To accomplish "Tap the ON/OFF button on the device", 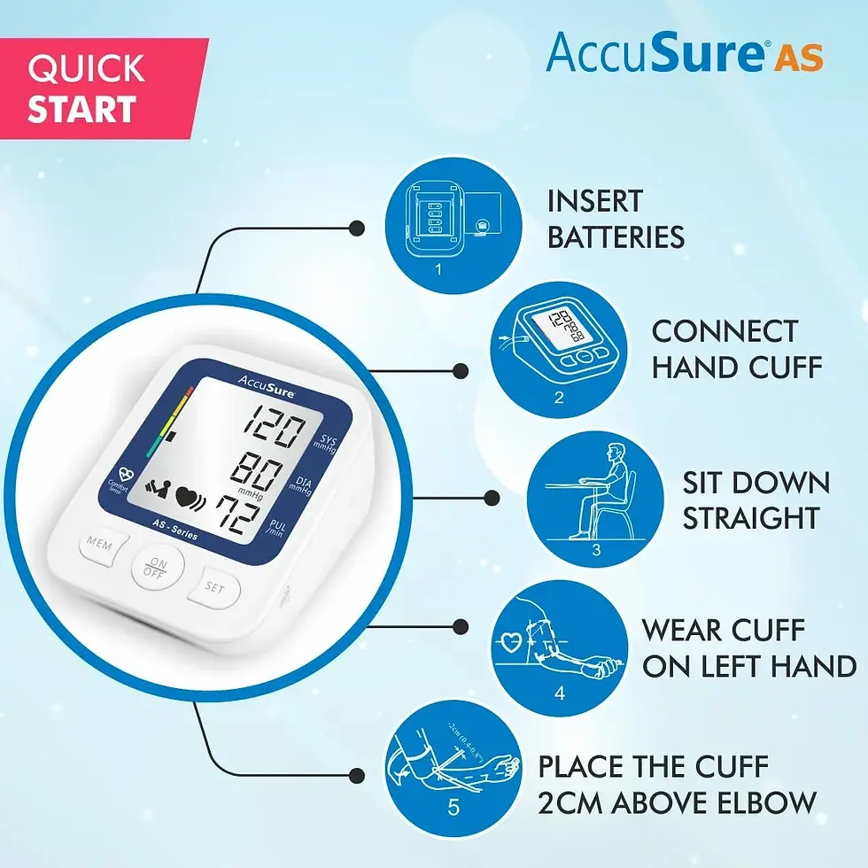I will (159, 568).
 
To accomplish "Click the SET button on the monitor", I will (214, 586).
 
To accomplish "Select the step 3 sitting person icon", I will (595, 499).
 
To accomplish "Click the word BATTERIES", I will (616, 237).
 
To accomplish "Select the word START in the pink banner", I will (81, 109).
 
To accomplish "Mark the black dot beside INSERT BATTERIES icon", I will (356, 228).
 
